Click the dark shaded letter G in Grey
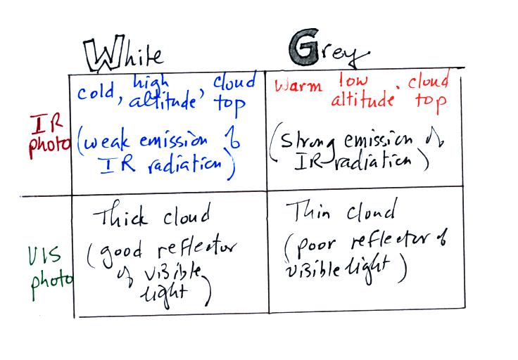click(x=305, y=47)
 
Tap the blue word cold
click(x=96, y=91)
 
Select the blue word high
click(x=151, y=82)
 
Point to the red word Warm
click(x=298, y=86)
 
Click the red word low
click(x=353, y=80)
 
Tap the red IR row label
click(x=46, y=124)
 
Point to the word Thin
click(x=308, y=211)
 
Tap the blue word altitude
click(x=163, y=101)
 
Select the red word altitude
click(x=362, y=98)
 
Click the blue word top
click(x=229, y=105)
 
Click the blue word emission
click(x=173, y=141)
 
